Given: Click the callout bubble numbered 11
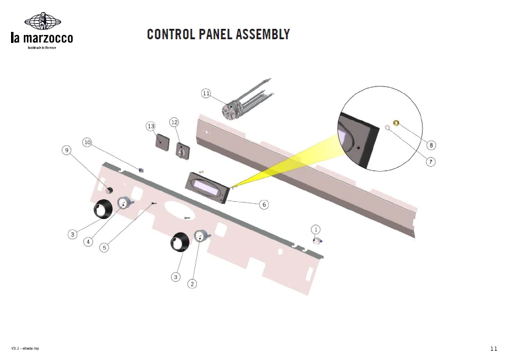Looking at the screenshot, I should click(206, 93).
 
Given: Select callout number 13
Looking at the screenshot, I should click(150, 126).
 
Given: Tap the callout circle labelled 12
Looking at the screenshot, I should click(174, 122).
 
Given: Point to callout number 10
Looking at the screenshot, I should click(87, 142).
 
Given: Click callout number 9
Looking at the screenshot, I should click(66, 150).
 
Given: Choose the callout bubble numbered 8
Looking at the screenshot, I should click(431, 145).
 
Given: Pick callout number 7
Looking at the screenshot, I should click(431, 162).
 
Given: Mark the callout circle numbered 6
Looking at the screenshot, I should click(264, 204).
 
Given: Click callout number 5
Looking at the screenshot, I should click(104, 248).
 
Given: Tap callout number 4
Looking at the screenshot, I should click(88, 242).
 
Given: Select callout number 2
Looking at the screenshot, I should click(193, 283).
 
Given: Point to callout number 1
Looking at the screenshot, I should click(316, 229).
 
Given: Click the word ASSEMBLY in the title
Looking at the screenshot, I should click(260, 34).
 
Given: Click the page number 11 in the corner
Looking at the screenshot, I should click(494, 348).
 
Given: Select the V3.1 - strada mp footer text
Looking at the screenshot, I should click(25, 348).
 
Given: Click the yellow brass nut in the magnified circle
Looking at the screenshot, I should click(396, 124).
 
